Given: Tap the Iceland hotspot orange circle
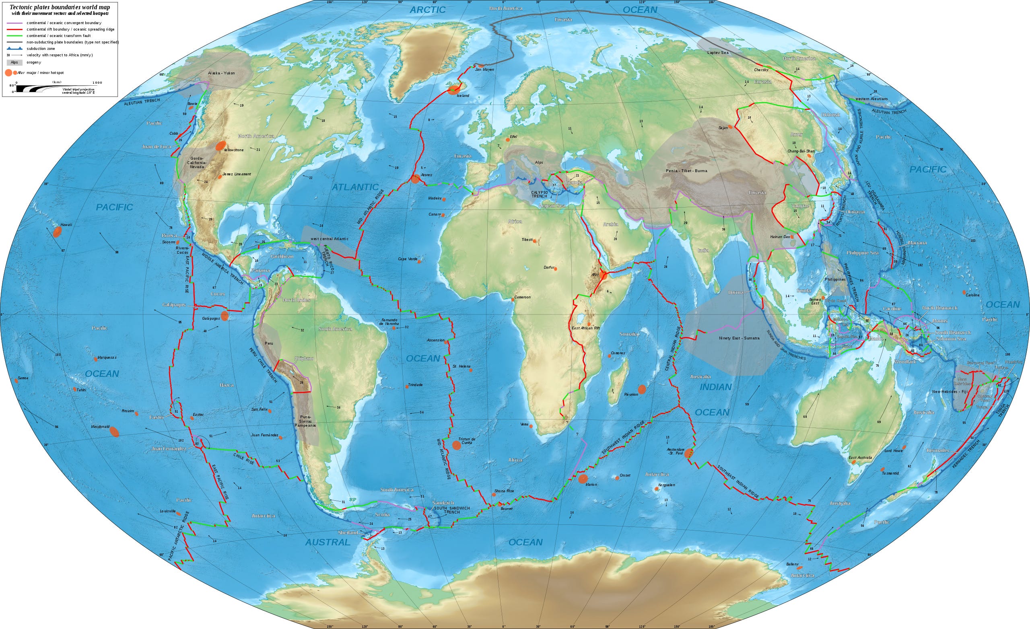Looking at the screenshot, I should click(x=453, y=88).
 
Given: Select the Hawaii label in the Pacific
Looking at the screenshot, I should click(x=66, y=225).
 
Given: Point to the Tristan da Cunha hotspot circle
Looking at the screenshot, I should click(x=457, y=445).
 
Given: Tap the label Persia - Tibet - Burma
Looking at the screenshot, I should click(x=686, y=171).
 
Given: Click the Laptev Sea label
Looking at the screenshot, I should click(x=718, y=53).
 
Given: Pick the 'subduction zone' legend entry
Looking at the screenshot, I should click(x=41, y=49).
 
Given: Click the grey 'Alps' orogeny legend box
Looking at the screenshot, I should click(x=14, y=62).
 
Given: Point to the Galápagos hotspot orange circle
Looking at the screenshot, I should click(x=225, y=316).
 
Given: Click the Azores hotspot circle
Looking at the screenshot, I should click(x=415, y=179).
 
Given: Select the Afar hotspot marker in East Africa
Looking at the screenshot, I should click(x=603, y=275).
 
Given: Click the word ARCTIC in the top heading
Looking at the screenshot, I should click(x=427, y=10).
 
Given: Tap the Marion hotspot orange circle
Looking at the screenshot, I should click(x=583, y=479).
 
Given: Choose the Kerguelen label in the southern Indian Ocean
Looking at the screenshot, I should click(x=666, y=485).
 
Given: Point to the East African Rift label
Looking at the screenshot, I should click(x=586, y=329).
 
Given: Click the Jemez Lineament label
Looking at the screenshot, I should click(x=237, y=174).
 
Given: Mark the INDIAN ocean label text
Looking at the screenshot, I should click(x=716, y=387).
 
